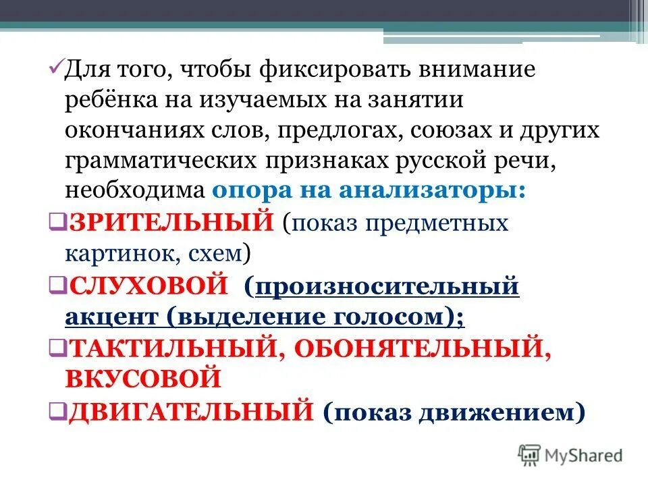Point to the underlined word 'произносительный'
coord(387,286)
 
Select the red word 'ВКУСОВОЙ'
coord(143,378)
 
